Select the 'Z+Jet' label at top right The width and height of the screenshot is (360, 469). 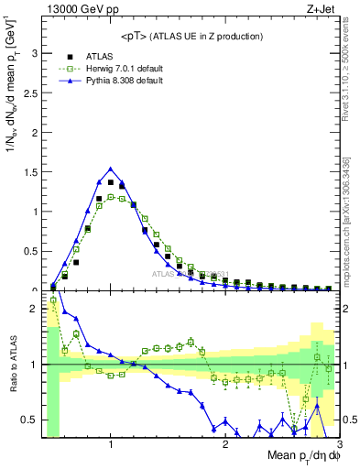318,10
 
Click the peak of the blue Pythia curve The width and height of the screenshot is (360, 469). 111,168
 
